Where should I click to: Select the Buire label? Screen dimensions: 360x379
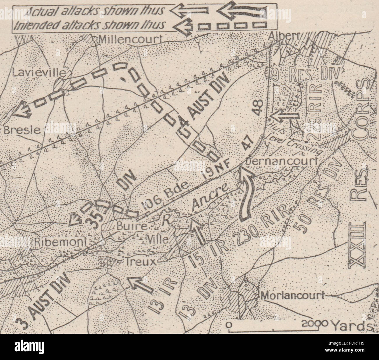point(127,225)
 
